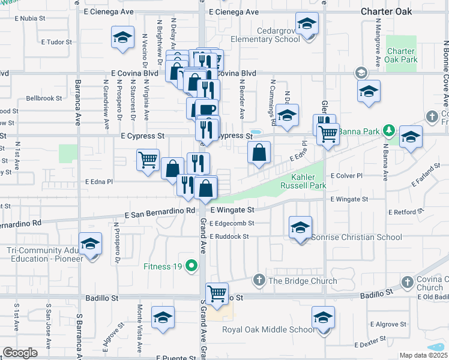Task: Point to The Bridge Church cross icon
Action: pyautogui.click(x=259, y=280)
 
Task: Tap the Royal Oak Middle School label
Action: pyautogui.click(x=268, y=329)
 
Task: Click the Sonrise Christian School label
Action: pyautogui.click(x=357, y=237)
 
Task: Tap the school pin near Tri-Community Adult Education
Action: pyautogui.click(x=91, y=244)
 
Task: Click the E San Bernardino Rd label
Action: pyautogui.click(x=160, y=211)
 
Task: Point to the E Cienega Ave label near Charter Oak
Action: pyautogui.click(x=235, y=11)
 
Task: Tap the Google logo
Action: pyautogui.click(x=20, y=353)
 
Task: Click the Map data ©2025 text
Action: pyautogui.click(x=423, y=355)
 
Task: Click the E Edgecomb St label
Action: pyautogui.click(x=232, y=223)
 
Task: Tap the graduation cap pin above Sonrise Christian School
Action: pyautogui.click(x=300, y=227)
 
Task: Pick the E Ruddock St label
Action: pyautogui.click(x=229, y=236)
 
